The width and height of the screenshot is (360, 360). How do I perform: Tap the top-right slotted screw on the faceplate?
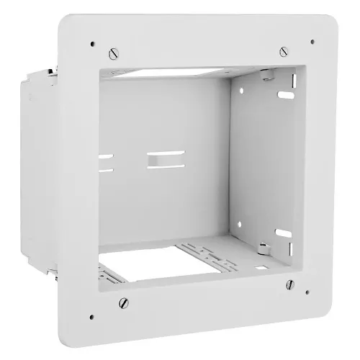click(283, 52)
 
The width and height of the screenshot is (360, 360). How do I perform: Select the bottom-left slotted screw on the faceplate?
click(123, 302)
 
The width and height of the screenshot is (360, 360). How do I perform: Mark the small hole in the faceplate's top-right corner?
click(312, 42)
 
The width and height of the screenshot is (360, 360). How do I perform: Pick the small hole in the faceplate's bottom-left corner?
click(94, 315)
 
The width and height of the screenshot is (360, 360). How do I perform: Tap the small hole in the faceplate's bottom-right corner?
click(308, 292)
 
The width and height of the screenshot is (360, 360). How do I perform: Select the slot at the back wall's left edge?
click(106, 162)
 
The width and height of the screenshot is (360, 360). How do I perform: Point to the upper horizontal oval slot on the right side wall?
click(286, 94)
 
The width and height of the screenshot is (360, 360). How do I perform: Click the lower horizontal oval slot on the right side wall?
click(284, 233)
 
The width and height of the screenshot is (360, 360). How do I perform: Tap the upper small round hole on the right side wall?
click(240, 91)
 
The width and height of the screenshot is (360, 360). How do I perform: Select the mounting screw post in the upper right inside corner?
click(266, 75)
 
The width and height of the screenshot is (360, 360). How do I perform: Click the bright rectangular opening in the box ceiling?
click(173, 73)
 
